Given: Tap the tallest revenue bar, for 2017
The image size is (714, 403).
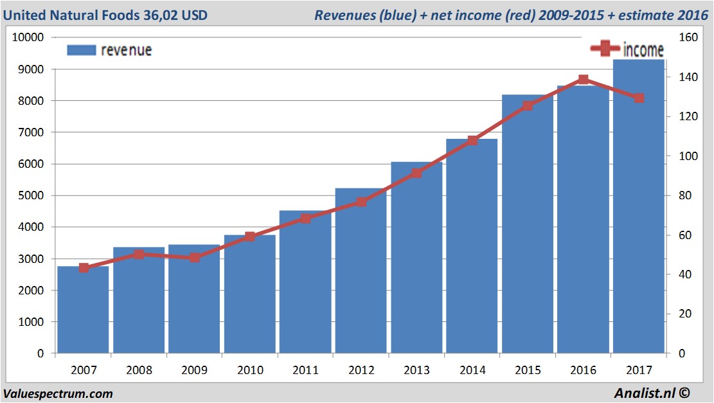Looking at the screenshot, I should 639,206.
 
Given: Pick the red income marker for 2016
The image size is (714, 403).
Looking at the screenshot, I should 583,80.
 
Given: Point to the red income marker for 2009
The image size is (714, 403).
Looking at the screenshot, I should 194,258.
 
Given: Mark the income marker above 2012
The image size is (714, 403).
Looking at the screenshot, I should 361,202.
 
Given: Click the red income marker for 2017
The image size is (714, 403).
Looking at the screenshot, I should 639,98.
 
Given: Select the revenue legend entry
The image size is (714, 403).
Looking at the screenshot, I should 109,50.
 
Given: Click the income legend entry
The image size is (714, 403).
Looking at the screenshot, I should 627,49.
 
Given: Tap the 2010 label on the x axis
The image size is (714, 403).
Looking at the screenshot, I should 249,370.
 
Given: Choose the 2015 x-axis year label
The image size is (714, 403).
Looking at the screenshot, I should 528,370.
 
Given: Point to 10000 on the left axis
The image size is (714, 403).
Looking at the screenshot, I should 28,37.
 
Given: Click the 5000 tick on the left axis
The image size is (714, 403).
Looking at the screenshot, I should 31,195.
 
